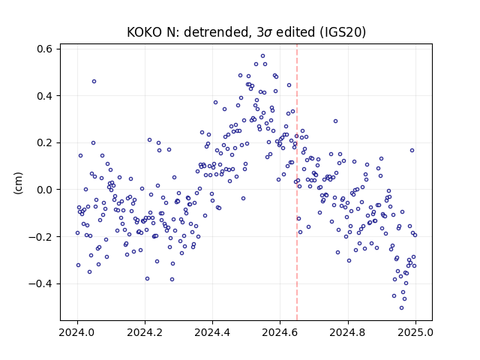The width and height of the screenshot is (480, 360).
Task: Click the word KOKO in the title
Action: click(x=144, y=32)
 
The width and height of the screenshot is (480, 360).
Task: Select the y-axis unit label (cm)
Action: click(x=19, y=183)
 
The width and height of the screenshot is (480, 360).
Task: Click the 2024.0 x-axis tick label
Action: click(x=77, y=332)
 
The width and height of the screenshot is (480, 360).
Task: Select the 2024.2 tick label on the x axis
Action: click(x=145, y=332)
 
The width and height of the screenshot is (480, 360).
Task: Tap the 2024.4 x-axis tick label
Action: click(x=212, y=332)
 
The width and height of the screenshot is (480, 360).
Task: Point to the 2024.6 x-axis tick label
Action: click(x=280, y=332)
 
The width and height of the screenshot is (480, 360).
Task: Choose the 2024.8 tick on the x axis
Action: click(x=348, y=332)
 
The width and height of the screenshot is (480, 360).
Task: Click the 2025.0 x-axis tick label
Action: click(x=415, y=332)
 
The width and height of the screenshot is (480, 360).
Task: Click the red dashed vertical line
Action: click(x=297, y=182)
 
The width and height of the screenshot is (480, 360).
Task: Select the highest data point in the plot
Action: click(x=262, y=56)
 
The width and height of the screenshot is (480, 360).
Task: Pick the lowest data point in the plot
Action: click(x=402, y=308)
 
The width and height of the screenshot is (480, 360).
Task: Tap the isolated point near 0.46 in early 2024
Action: click(x=94, y=82)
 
